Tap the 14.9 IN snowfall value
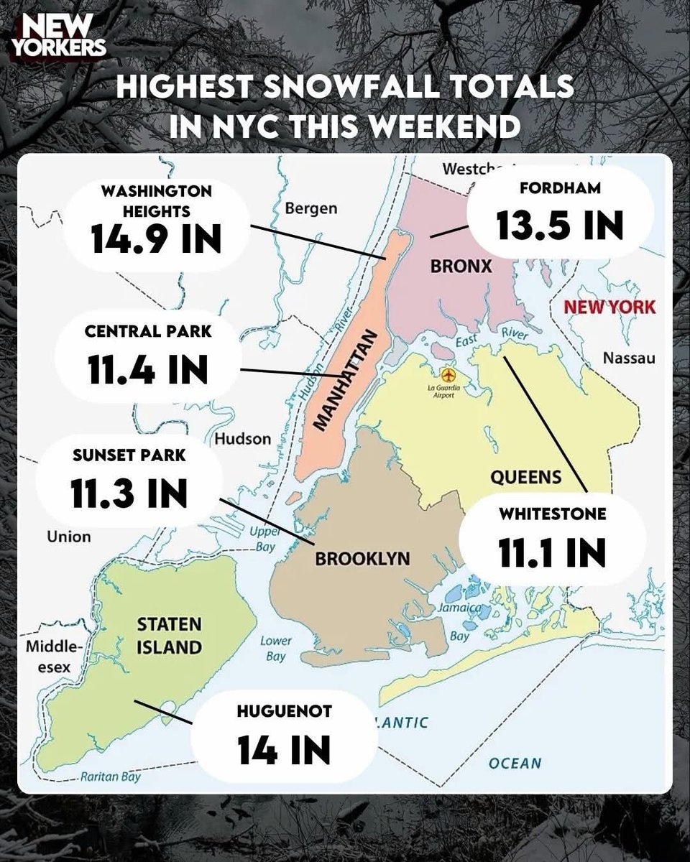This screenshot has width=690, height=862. (x=157, y=239)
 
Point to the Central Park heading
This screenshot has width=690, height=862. (x=148, y=333)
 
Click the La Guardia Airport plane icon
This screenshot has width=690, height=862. (x=450, y=376)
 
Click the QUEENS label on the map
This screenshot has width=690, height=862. (x=525, y=476)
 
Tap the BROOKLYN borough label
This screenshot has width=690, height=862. (x=363, y=558)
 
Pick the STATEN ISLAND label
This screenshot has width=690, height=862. (x=170, y=635)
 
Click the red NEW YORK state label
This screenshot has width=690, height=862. (x=609, y=307)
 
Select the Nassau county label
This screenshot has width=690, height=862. (x=629, y=358)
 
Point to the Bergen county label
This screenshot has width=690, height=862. (x=310, y=209)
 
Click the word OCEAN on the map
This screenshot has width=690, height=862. (x=514, y=763)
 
